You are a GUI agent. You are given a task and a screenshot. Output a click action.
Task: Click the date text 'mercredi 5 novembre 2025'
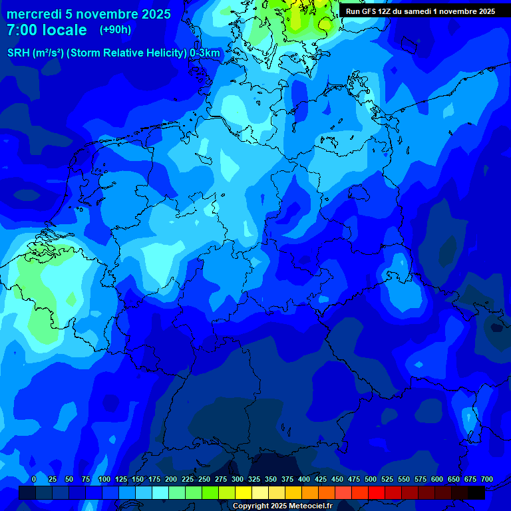pos(88,14)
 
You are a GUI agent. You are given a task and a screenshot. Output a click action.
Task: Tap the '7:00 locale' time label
pos(47,30)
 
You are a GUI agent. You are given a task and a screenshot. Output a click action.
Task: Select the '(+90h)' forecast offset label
pos(115,30)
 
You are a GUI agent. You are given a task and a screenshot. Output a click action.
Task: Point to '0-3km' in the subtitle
pos(205,53)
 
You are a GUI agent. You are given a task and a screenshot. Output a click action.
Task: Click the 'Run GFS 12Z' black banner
pos(420,11)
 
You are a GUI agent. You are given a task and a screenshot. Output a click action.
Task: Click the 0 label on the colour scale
pos(34,479)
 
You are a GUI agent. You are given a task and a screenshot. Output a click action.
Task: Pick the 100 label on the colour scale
pos(104,479)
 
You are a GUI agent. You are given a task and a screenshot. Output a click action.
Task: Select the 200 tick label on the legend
pos(170,479)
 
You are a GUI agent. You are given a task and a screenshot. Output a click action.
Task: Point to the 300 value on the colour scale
pos(237,479)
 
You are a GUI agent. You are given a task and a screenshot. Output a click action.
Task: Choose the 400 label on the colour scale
pos(303,479)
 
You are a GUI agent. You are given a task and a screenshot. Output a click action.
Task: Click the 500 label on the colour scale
pos(370,479)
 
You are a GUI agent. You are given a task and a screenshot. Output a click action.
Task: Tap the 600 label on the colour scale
pos(436,479)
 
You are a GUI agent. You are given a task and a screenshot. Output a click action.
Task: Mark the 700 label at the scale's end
pos(486,479)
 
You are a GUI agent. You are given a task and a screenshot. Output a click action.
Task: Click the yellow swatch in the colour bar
pos(244,492)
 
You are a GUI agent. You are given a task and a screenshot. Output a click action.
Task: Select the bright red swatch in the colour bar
pos(377,492)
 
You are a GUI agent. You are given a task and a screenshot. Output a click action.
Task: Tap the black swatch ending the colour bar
pos(476,492)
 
